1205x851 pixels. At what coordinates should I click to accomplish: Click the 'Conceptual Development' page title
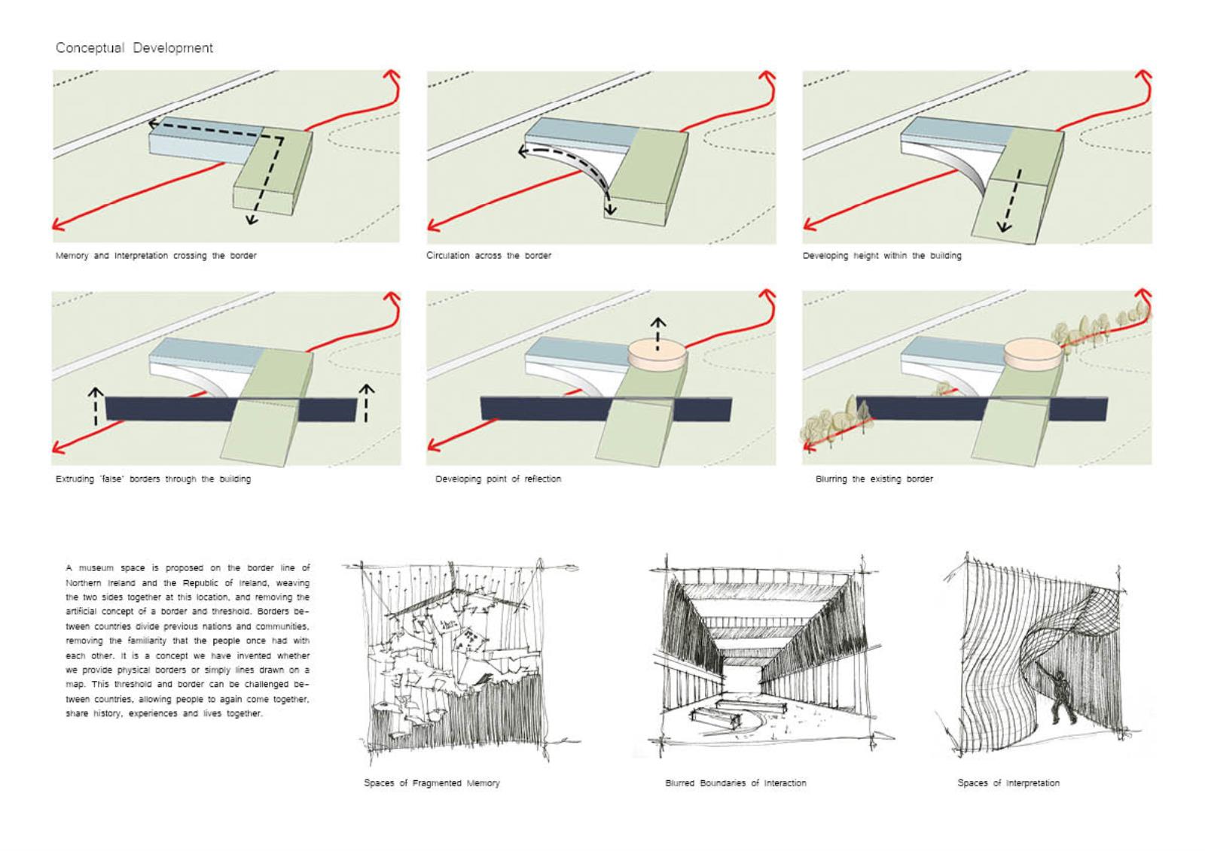[134, 48]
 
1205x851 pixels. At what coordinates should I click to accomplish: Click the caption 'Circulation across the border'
[489, 256]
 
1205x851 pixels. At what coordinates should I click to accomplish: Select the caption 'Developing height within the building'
[882, 256]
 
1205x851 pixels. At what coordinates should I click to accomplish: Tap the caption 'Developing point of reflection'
[498, 479]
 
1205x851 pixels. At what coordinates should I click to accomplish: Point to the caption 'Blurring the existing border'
[874, 479]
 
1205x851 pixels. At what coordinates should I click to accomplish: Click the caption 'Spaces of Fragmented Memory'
[432, 783]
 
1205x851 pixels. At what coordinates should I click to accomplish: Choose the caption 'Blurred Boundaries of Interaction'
[735, 783]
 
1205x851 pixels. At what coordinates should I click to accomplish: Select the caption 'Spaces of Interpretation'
[1008, 783]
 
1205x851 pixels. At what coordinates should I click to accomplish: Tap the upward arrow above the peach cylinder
[658, 333]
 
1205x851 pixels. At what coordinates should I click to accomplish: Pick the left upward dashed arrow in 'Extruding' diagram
[96, 406]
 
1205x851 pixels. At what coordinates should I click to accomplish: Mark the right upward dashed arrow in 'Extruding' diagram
[366, 403]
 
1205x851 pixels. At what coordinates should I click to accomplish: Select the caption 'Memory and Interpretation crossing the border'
[156, 256]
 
